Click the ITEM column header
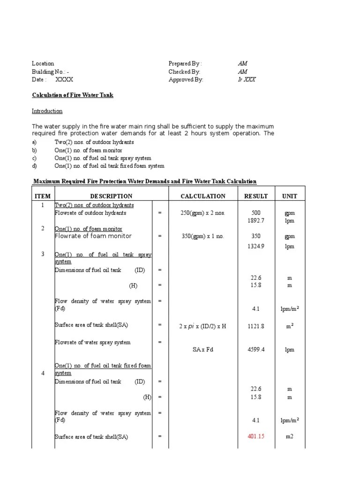coord(43,196)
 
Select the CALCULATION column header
coord(203,196)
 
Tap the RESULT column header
coord(256,196)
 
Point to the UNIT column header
coord(289,196)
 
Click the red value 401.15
coord(256,436)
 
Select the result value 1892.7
coord(256,220)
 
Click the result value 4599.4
coord(256,350)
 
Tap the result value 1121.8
coord(256,326)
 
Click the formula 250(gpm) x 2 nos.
coord(203,213)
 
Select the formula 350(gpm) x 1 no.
coord(203,236)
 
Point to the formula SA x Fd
coord(203,350)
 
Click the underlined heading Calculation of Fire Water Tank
coord(73,95)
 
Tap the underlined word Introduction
coord(47,111)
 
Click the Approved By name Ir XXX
coord(247,80)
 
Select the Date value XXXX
coord(64,80)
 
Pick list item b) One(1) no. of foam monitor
coord(88,150)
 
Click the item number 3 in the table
coord(43,254)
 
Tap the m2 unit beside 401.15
coord(289,436)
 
